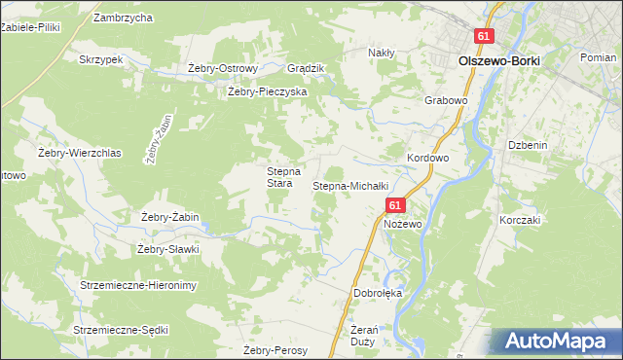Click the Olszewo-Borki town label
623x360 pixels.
tap(498, 60)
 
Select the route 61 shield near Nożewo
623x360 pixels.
tap(394, 205)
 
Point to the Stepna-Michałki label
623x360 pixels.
tap(350, 185)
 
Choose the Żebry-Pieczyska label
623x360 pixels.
tap(267, 91)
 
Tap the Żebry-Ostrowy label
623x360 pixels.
tap(222, 68)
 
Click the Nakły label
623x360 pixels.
tap(381, 53)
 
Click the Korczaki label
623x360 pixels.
tap(519, 221)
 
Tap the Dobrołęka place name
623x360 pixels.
tap(378, 293)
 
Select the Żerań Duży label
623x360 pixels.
tap(354, 337)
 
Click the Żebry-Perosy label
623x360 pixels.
tap(275, 350)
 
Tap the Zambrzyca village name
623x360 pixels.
tap(123, 18)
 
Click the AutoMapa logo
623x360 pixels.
tap(558, 341)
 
